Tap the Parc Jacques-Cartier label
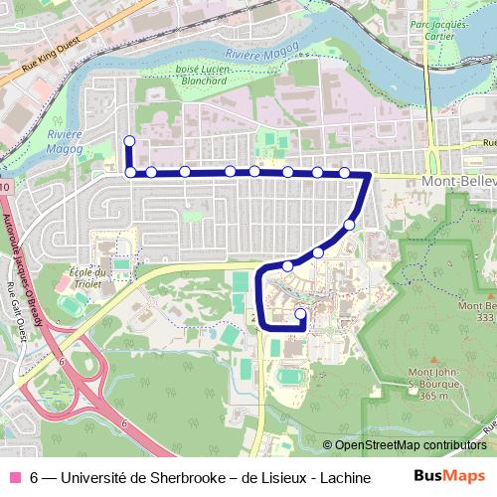click(438, 31)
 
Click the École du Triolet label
click(88, 277)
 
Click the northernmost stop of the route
click(128, 140)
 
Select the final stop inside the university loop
click(300, 315)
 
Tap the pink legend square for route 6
click(15, 476)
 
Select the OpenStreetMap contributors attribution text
click(406, 445)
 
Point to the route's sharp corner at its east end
click(369, 175)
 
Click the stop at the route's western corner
click(130, 172)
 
